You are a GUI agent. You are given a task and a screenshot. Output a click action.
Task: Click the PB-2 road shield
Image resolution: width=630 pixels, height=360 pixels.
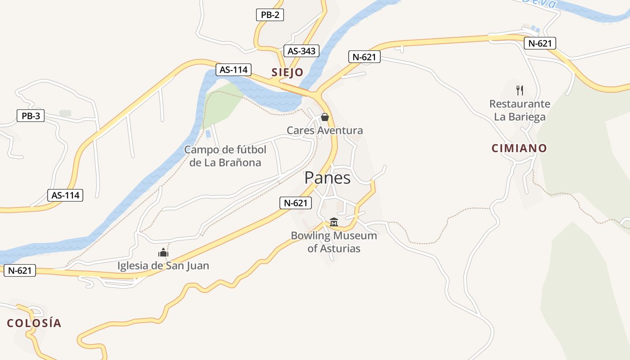(x=270, y=15)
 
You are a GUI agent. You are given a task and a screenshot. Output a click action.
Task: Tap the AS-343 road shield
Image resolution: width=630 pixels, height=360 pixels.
(x=301, y=51)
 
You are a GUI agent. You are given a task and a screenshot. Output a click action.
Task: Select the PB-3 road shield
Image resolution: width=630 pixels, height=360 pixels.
(x=31, y=116)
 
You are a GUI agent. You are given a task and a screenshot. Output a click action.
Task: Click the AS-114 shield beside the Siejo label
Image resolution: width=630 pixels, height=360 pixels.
(x=234, y=70)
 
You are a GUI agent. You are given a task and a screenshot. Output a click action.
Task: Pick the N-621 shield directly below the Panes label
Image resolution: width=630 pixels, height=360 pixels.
(x=295, y=203)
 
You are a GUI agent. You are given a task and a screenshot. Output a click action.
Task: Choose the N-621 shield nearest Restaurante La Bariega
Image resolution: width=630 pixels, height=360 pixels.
(x=540, y=43)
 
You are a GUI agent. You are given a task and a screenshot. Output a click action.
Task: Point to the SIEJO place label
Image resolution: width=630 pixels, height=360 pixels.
(x=287, y=72)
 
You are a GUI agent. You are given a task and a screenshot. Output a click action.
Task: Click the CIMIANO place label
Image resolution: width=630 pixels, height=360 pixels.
(x=519, y=148)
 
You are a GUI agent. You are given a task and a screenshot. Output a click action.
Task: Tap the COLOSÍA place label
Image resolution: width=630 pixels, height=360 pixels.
(x=34, y=323)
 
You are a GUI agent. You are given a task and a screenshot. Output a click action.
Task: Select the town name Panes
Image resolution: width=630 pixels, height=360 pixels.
(x=327, y=178)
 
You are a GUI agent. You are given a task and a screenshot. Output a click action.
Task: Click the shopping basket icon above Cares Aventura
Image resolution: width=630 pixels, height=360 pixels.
(x=324, y=117)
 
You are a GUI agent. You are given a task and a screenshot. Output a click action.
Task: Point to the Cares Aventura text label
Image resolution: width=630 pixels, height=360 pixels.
(x=324, y=130)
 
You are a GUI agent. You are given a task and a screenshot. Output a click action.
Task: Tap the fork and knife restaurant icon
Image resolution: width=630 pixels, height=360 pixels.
(x=520, y=90)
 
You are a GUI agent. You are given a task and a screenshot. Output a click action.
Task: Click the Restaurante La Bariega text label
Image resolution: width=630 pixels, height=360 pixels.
(x=520, y=110)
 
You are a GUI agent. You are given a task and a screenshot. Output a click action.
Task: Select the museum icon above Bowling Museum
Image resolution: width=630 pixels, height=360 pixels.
(x=333, y=222)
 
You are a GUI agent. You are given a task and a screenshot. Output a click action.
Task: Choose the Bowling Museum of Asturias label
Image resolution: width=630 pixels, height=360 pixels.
(x=333, y=242)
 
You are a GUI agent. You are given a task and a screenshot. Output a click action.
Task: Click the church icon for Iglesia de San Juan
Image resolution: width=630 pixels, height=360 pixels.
(x=163, y=252)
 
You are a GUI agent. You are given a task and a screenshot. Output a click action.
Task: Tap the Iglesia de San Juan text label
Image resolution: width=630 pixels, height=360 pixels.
(x=163, y=265)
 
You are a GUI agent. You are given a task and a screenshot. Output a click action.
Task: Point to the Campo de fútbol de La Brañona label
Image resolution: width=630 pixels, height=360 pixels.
(x=225, y=156)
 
